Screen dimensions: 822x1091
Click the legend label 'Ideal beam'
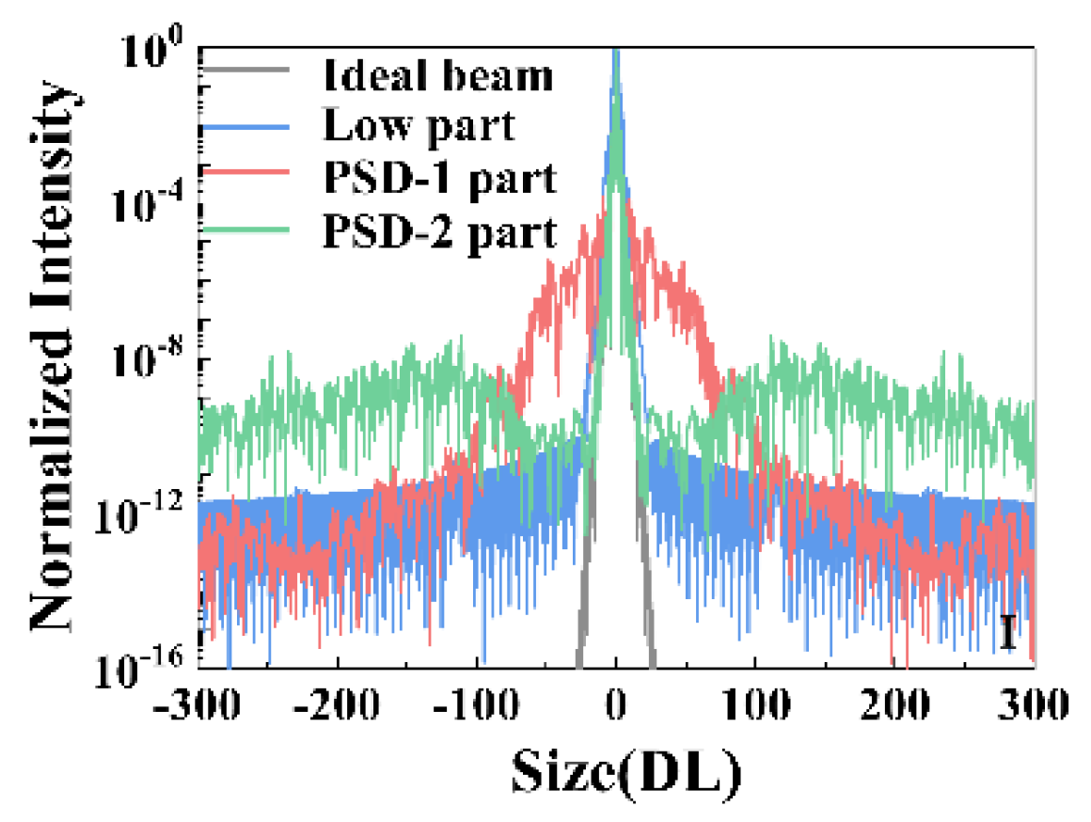coord(437,76)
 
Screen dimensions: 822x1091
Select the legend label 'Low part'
coord(419,126)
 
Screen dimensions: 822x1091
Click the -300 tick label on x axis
coord(200,704)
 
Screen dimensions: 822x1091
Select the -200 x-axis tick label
coord(336,704)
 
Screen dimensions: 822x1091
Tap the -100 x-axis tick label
coord(475,704)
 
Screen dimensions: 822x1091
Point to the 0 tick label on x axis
coord(616,704)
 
